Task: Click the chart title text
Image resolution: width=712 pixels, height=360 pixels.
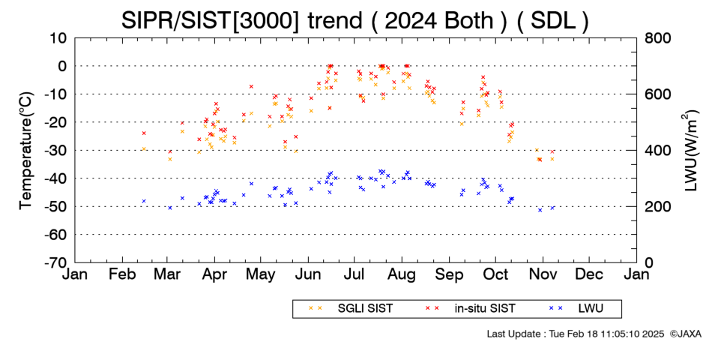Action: click(355, 21)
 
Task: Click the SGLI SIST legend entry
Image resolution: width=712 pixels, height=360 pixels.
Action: click(351, 308)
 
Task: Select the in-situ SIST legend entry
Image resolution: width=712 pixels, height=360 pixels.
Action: click(471, 308)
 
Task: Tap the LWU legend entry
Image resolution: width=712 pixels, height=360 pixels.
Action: click(576, 308)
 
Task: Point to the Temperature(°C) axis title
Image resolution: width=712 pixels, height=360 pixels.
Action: click(27, 151)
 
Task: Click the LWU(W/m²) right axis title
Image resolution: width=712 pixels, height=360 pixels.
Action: click(689, 151)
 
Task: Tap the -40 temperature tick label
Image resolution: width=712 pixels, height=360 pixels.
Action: click(57, 178)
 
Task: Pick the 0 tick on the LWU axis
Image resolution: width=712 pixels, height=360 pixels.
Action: click(649, 262)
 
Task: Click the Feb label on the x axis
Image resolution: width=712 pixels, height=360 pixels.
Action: click(123, 274)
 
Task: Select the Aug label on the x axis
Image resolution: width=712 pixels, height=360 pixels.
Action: click(402, 274)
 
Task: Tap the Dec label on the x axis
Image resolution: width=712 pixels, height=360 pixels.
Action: click(589, 274)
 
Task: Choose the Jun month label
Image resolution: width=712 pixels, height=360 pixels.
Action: click(308, 274)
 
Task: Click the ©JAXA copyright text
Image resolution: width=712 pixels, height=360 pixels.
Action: click(685, 334)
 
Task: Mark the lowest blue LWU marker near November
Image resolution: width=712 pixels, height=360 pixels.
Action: click(540, 210)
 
